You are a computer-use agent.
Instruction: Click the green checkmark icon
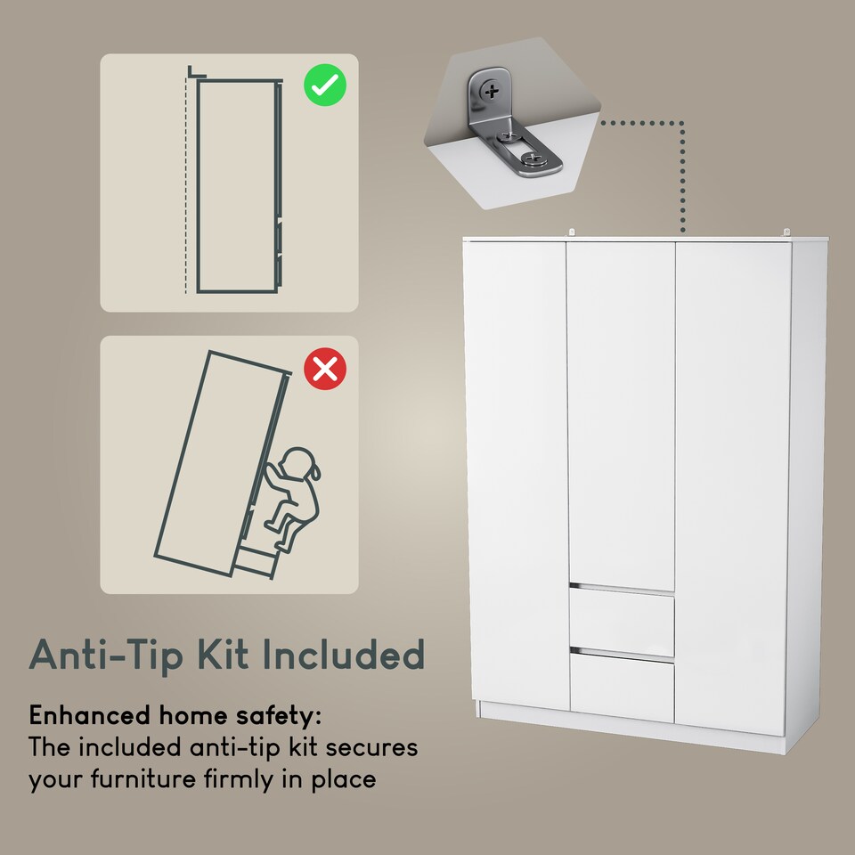coord(325,86)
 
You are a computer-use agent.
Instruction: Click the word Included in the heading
coord(343,655)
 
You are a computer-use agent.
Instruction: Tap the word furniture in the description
coord(163,779)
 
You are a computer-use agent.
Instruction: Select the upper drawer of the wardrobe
coord(622,623)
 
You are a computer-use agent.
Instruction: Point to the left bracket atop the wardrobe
coord(573,232)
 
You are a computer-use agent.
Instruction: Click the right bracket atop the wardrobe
coord(787,232)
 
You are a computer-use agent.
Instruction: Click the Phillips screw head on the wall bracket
coord(490,90)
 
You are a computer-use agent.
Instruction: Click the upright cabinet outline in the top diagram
coord(237,187)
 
